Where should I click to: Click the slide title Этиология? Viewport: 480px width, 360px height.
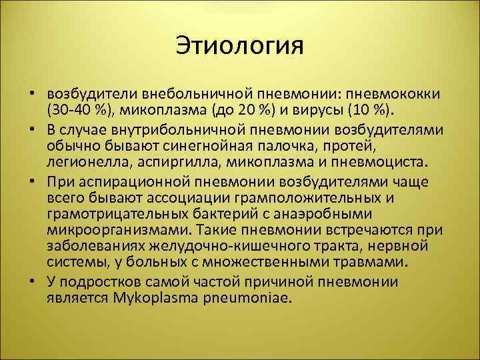click(240, 47)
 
